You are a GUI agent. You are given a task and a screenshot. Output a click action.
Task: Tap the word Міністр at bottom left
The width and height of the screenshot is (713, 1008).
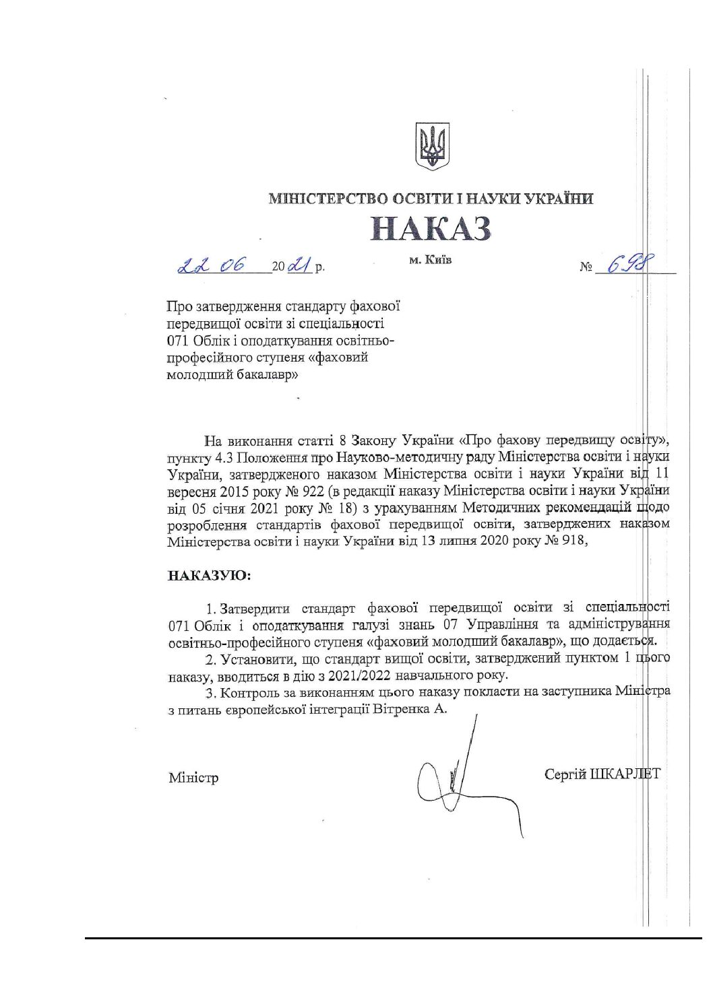[193, 778]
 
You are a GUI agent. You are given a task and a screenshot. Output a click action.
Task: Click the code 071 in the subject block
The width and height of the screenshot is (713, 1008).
[179, 341]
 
